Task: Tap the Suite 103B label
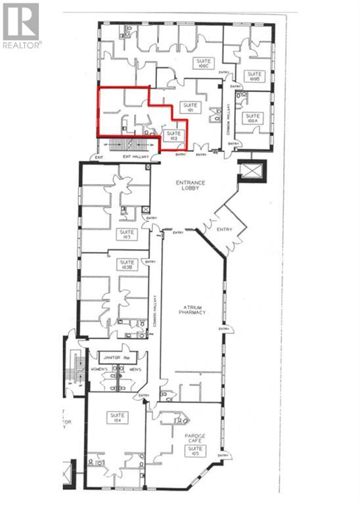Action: click(x=126, y=265)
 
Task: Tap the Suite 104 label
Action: click(x=118, y=418)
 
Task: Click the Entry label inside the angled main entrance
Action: click(x=224, y=229)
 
